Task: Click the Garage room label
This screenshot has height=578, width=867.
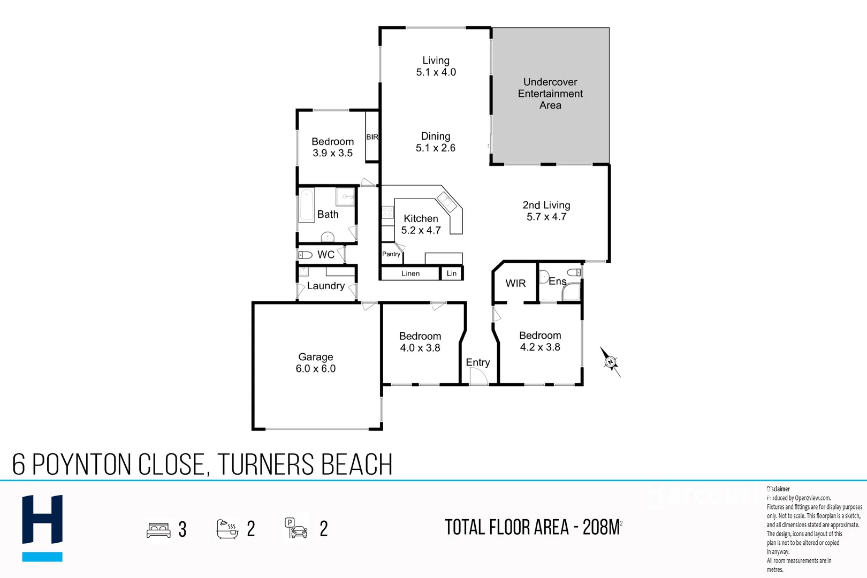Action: (316, 357)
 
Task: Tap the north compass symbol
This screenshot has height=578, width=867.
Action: (610, 362)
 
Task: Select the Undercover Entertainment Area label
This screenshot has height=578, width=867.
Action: (550, 94)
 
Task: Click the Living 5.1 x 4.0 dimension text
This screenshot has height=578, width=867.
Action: (436, 72)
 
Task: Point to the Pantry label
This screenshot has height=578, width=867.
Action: (391, 254)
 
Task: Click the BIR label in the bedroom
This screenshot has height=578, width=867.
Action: (372, 137)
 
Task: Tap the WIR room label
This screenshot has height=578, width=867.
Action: (515, 284)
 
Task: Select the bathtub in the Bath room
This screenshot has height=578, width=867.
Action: (307, 206)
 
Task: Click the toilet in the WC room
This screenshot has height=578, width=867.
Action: (306, 255)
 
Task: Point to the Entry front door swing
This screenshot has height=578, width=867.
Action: (478, 376)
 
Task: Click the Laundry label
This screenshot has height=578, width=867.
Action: (325, 286)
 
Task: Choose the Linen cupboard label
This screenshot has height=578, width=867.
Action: (410, 273)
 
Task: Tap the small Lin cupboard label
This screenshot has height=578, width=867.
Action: (452, 273)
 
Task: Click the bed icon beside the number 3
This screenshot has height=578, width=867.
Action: (158, 530)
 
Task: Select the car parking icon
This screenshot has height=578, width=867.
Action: (296, 528)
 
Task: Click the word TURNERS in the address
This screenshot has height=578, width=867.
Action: (266, 465)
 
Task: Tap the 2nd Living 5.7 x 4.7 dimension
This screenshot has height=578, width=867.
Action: (546, 217)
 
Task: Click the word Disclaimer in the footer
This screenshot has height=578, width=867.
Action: (778, 489)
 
